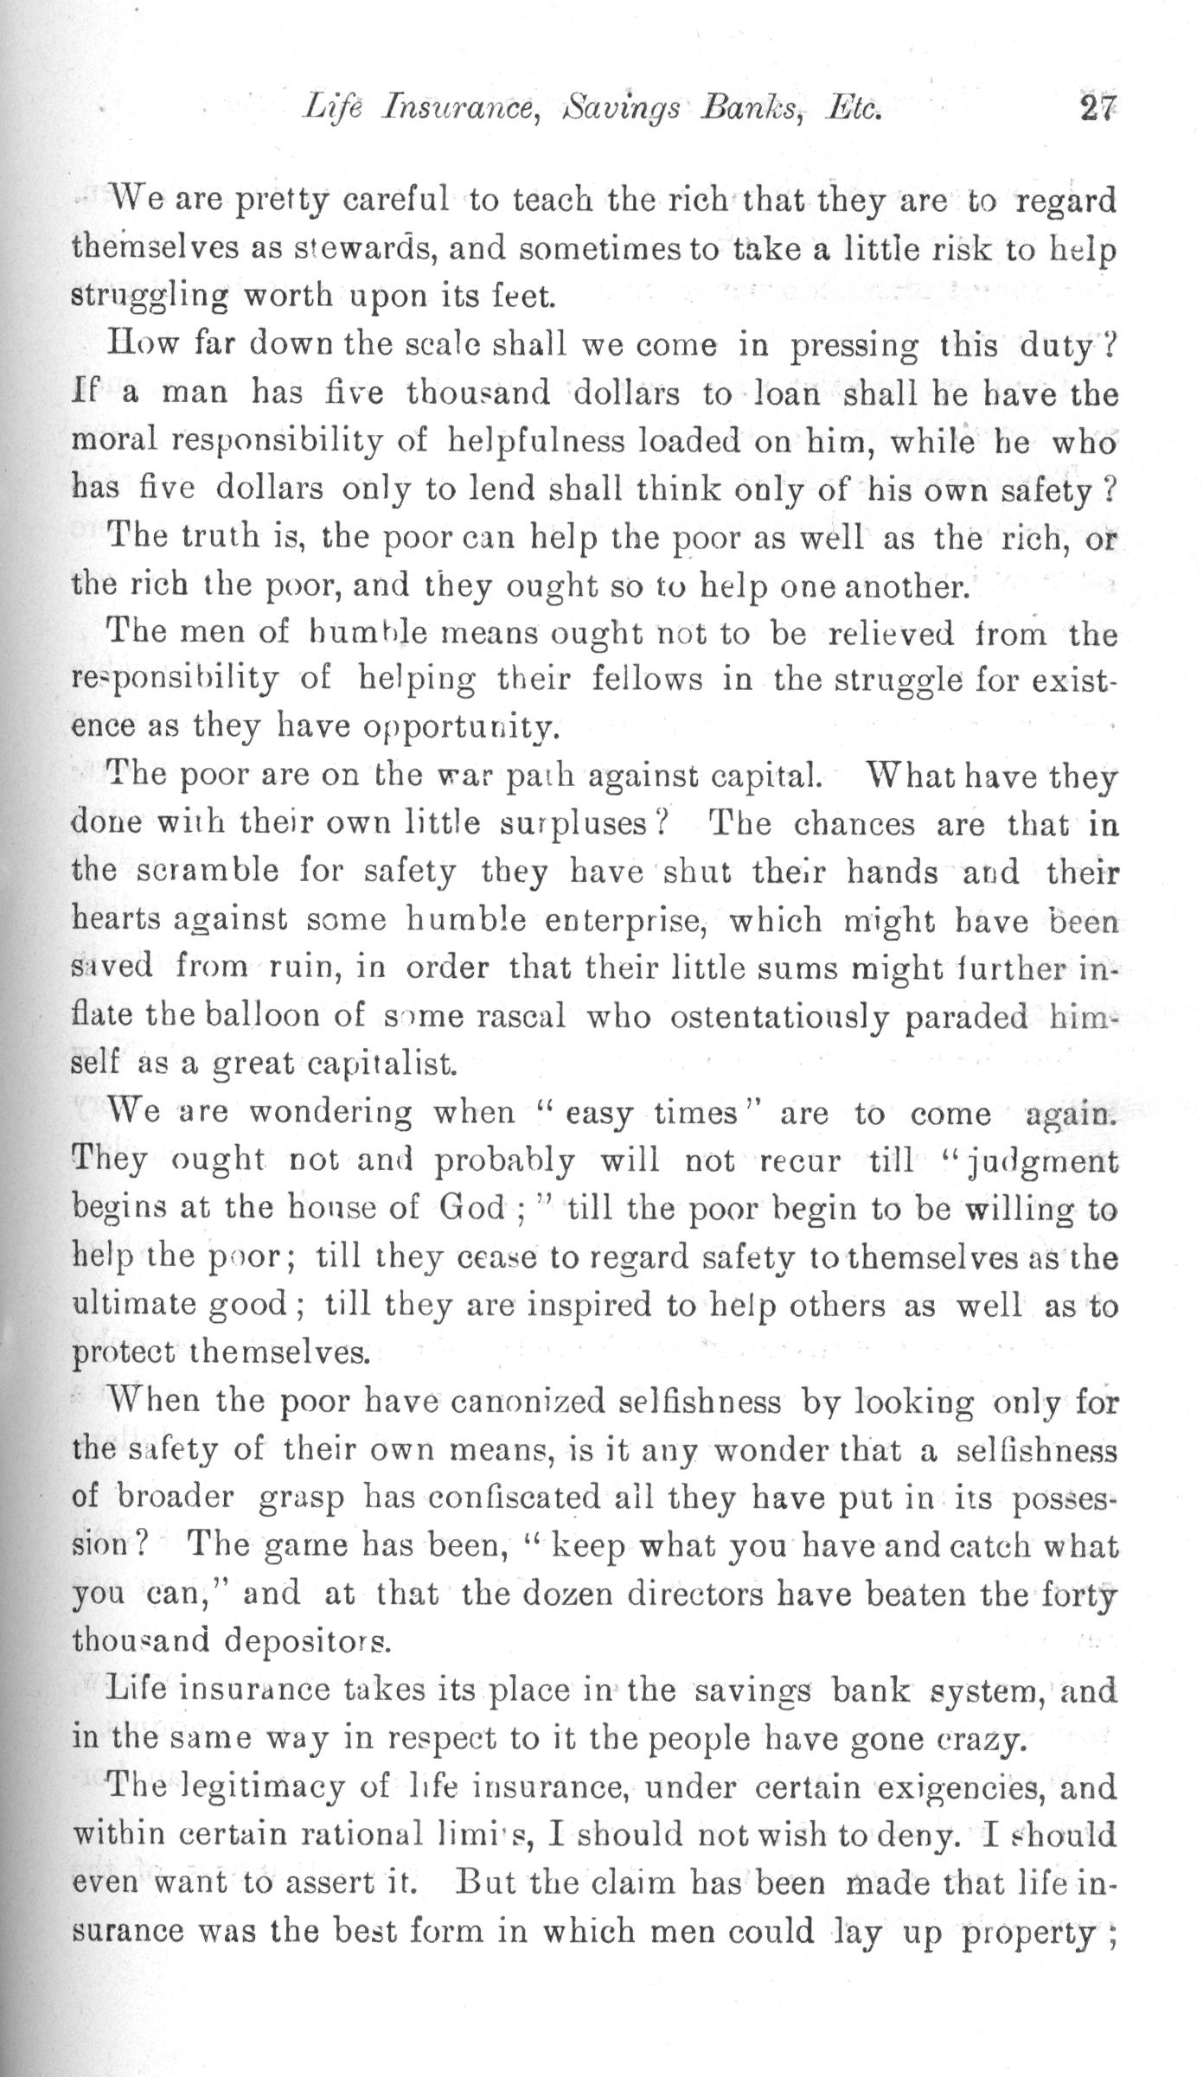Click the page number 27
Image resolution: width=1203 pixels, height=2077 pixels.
point(1097,111)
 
